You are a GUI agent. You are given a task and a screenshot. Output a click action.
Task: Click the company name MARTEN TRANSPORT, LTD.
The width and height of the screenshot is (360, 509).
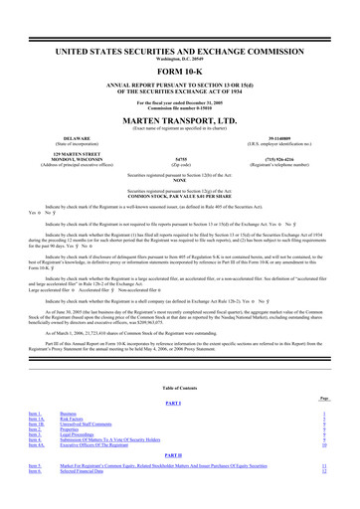pyautogui.click(x=179, y=113)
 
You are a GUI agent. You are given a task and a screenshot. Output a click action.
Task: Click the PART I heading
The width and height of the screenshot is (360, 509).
pyautogui.click(x=179, y=401)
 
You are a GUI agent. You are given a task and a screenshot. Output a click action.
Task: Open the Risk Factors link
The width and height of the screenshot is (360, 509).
pyautogui.click(x=76, y=415)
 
